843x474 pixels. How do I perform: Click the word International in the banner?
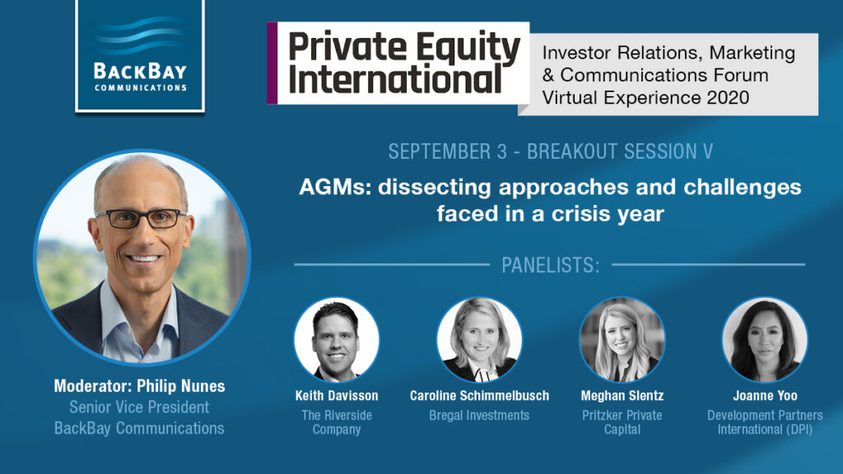[395, 80]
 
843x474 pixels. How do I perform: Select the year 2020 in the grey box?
[729, 97]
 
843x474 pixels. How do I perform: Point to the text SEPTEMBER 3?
[447, 151]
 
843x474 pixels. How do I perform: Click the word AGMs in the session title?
[335, 188]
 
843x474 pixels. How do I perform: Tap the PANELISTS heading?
[550, 265]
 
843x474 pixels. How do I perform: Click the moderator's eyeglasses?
[142, 218]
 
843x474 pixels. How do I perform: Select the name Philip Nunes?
[180, 386]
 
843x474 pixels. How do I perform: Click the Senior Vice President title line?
[139, 407]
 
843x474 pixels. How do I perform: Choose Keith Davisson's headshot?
[337, 340]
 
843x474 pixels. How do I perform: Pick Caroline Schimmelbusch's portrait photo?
[479, 340]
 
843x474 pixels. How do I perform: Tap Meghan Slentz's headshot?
[622, 340]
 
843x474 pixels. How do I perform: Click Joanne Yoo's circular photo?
[765, 340]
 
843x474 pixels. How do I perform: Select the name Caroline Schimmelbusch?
[479, 396]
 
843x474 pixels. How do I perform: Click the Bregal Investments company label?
[479, 416]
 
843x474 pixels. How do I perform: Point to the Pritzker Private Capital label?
[622, 422]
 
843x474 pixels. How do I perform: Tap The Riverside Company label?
[337, 422]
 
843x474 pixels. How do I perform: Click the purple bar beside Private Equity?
[272, 63]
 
